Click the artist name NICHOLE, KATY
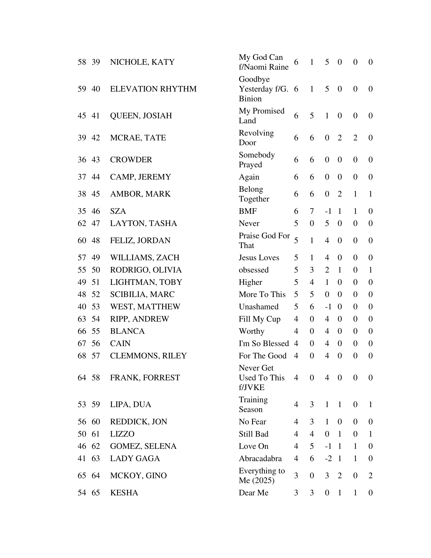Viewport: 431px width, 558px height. point(142,62)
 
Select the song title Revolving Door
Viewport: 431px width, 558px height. point(256,138)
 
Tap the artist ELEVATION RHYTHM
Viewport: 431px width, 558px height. point(153,89)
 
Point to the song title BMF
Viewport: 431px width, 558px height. point(248,211)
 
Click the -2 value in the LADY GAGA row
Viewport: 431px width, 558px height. point(328,459)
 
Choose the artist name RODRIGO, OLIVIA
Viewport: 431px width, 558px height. point(146,270)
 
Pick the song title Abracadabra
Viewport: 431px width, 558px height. point(260,459)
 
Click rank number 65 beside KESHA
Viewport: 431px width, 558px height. point(96,493)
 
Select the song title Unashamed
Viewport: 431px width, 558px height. point(259,307)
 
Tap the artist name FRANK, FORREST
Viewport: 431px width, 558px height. point(145,378)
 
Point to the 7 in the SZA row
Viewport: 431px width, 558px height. point(312,211)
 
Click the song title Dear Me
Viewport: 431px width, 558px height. point(254,493)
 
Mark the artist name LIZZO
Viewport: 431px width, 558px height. point(122,434)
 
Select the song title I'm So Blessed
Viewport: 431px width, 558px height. point(264,344)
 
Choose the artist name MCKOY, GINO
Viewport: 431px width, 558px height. point(138,476)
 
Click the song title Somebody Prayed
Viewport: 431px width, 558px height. point(257,160)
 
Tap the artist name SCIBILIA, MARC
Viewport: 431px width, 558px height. point(142,294)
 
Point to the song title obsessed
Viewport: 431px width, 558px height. point(254,270)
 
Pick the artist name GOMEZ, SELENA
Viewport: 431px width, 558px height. point(143,446)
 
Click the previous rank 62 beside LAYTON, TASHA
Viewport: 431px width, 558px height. point(82,223)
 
